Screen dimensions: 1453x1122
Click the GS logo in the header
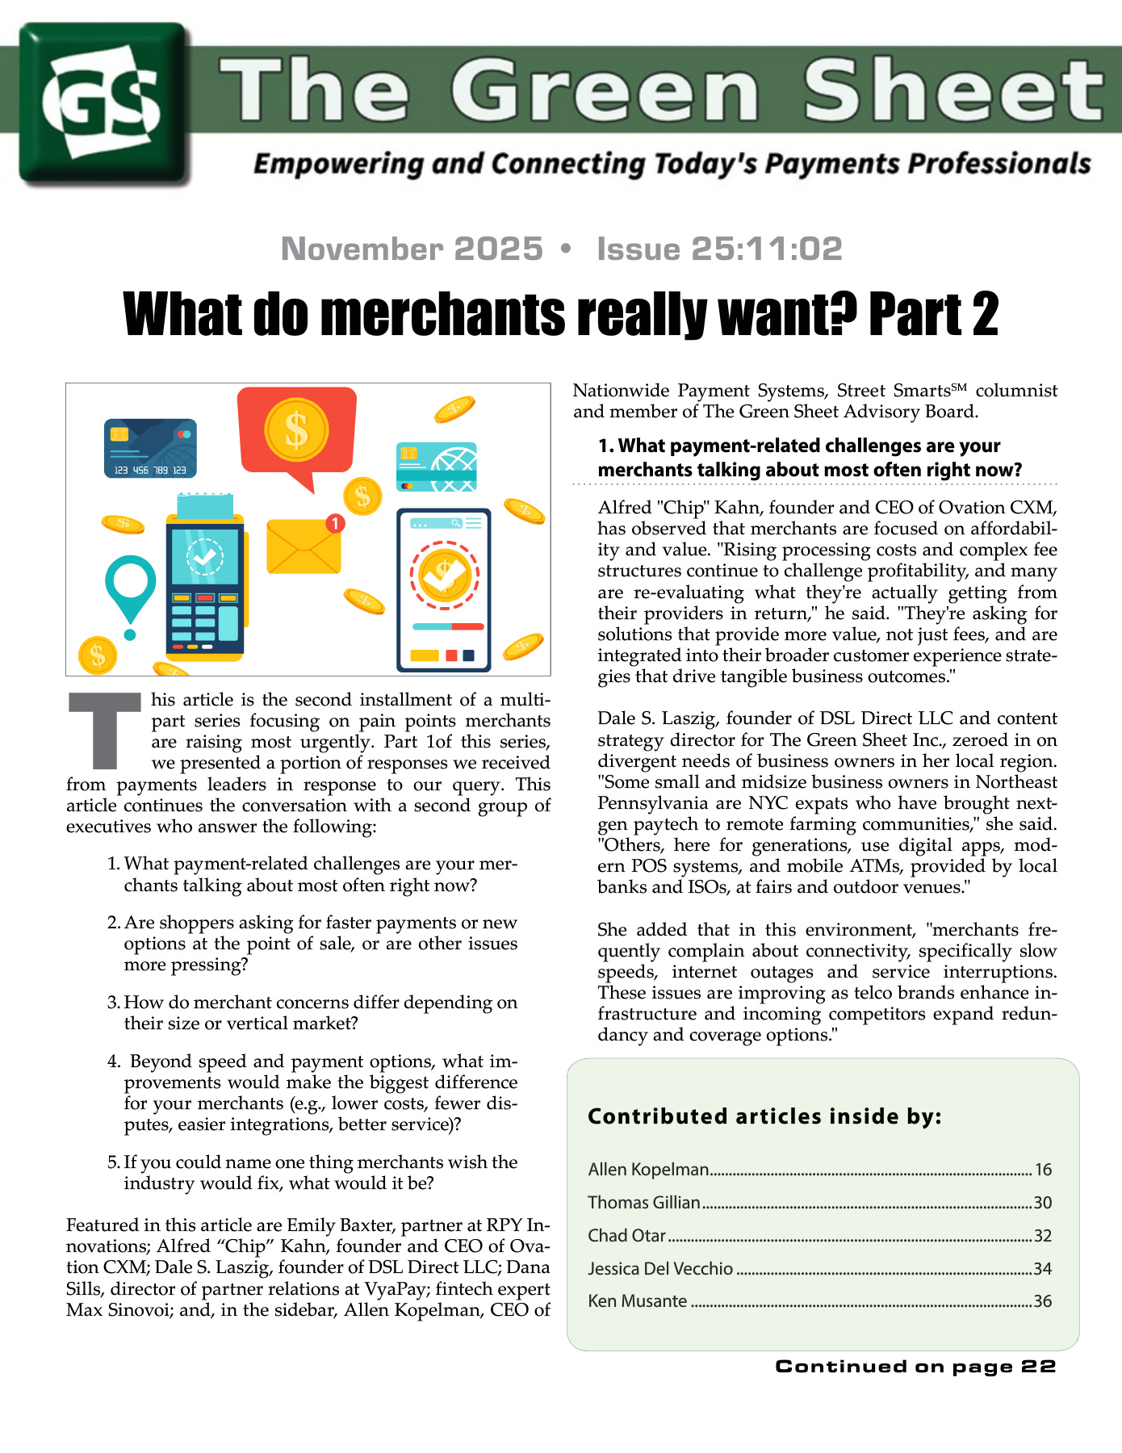pos(103,103)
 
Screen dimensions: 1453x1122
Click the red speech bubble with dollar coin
pos(297,432)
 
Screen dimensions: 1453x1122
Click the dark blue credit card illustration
pos(150,448)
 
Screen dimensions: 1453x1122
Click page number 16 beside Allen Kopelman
pos(1043,1170)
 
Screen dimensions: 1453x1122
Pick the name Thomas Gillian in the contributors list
pos(643,1203)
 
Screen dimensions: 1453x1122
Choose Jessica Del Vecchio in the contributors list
pos(660,1269)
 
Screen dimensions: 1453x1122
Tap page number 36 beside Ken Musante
pos(1043,1301)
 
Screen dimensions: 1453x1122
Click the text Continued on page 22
pos(915,1367)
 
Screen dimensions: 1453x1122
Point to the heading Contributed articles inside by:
pos(764,1116)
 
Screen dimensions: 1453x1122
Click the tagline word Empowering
pos(338,164)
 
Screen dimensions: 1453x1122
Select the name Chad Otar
pos(626,1236)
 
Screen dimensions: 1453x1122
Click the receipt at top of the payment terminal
pos(205,506)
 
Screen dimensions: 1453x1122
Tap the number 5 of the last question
pos(113,1162)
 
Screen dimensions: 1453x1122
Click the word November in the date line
pos(412,249)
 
